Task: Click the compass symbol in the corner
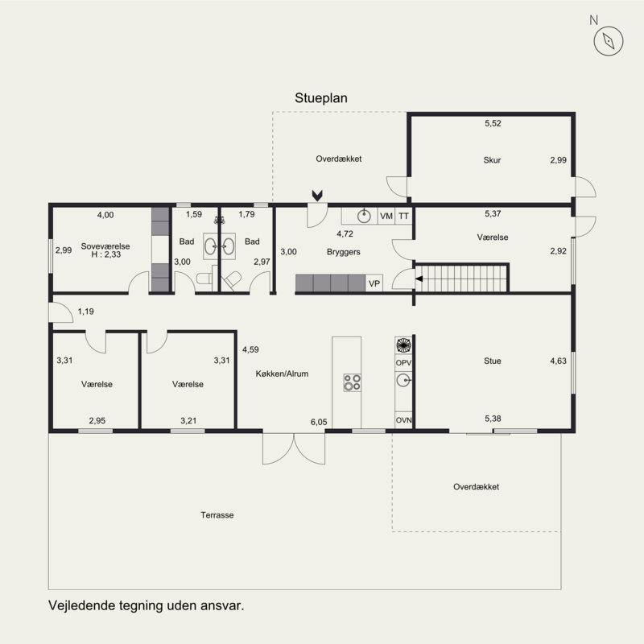[x=609, y=41]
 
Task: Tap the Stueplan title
[x=320, y=98]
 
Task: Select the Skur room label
[x=492, y=160]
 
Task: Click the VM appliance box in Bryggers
[x=386, y=216]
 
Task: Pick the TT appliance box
[x=404, y=216]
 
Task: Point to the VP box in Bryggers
[x=374, y=283]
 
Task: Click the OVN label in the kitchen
[x=403, y=420]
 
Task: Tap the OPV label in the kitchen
[x=403, y=363]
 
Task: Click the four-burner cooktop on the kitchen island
[x=353, y=382]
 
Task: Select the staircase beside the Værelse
[x=461, y=279]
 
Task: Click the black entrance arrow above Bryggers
[x=317, y=196]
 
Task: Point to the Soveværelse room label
[x=105, y=246]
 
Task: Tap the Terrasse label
[x=217, y=515]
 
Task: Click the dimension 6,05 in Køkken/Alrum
[x=319, y=422]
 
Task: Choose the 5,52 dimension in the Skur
[x=493, y=123]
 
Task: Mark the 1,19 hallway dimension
[x=86, y=312]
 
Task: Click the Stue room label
[x=492, y=361]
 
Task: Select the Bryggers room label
[x=344, y=252]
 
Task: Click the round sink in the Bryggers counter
[x=364, y=216]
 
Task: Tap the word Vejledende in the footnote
[x=82, y=606]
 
